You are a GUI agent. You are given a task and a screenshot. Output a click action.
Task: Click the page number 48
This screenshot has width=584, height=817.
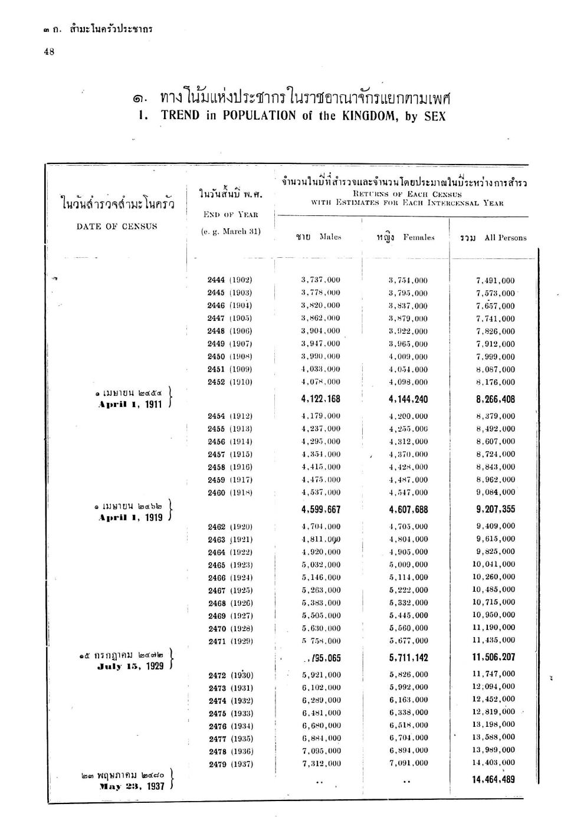click(x=49, y=52)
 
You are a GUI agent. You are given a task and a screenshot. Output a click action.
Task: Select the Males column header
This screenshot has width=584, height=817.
click(x=319, y=237)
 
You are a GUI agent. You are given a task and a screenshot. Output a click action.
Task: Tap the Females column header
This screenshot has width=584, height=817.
click(x=405, y=237)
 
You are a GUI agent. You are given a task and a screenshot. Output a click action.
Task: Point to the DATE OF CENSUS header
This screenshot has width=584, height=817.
click(x=117, y=227)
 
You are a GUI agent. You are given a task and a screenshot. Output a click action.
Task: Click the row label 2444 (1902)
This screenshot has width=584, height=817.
click(x=229, y=280)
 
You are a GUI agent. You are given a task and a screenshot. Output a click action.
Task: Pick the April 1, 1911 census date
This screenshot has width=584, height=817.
click(x=130, y=405)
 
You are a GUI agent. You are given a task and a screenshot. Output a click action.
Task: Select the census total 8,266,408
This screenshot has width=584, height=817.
click(x=496, y=399)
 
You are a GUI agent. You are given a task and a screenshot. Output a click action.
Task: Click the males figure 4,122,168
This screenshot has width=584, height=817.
click(x=320, y=399)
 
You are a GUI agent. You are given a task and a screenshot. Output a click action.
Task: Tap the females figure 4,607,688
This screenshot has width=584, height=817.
click(x=408, y=510)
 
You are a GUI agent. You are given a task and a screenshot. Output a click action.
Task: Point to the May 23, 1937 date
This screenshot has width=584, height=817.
click(x=132, y=786)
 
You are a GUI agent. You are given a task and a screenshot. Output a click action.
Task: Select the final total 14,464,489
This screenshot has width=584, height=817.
click(x=493, y=779)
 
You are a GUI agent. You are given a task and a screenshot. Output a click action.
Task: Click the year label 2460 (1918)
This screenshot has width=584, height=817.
click(x=229, y=493)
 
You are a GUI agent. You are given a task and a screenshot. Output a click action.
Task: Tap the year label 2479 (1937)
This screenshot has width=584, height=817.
click(x=231, y=764)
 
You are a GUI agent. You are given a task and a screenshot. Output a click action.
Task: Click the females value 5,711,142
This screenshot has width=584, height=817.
click(x=408, y=657)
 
